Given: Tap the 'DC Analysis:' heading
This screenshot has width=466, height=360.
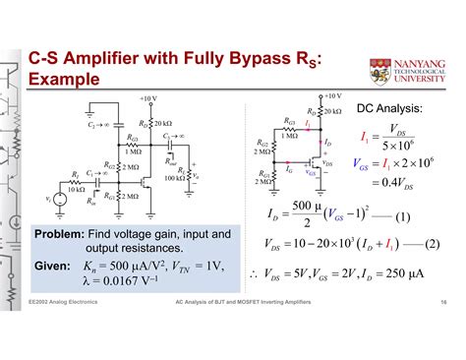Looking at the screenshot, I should click(x=389, y=109).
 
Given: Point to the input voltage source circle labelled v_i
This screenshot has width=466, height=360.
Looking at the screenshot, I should click(x=58, y=200).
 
